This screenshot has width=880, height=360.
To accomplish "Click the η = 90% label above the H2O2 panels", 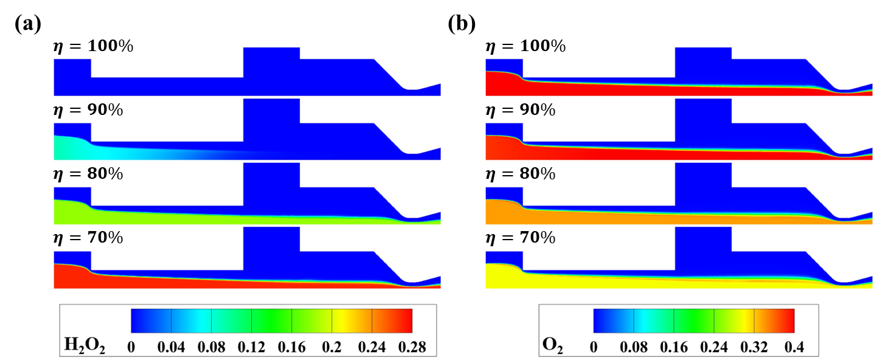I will coord(89,110).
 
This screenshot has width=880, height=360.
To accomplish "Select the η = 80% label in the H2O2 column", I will coord(89,174).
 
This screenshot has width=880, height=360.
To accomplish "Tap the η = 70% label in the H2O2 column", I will coord(89,238).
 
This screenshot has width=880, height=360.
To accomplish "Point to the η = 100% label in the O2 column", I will coord(525,46).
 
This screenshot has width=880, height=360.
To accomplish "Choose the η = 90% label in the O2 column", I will coord(521,110).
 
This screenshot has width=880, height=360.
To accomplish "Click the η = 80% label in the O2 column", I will coord(521,174).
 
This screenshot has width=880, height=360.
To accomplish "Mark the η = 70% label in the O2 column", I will coord(521,238).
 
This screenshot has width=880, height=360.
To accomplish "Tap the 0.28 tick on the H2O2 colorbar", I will coord(413,347).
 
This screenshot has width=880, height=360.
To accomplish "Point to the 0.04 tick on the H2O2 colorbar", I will coord(171,347).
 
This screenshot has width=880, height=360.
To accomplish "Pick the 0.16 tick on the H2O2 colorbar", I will coord(292,347).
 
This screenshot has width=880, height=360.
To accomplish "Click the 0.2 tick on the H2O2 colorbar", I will coord(332,347).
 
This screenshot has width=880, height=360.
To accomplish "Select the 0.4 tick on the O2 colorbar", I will coord(795,347).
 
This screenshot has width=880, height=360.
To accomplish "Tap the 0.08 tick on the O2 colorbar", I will coord(634,347).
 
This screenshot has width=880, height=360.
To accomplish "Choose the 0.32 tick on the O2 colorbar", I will coord(754,347).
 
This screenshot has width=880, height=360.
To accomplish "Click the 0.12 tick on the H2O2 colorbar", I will coord(251,347).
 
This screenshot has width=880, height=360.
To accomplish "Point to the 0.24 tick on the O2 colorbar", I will coord(714,347).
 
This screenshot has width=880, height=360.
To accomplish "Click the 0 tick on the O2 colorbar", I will coord(594,347).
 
